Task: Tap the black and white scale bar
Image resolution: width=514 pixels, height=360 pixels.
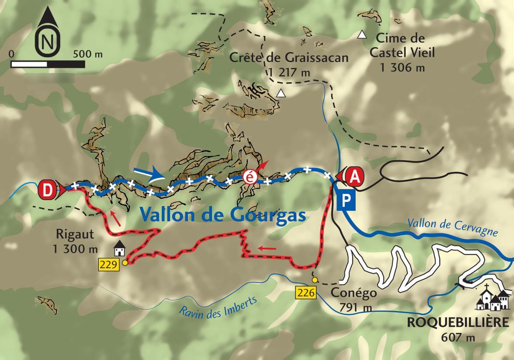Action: click(x=48, y=64)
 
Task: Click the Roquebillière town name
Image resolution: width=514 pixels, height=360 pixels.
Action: click(x=458, y=322)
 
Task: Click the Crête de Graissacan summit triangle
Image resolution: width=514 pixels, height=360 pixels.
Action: click(x=281, y=93)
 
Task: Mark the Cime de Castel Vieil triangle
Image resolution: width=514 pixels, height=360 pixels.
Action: click(x=361, y=34)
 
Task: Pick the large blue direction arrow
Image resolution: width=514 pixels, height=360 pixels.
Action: click(x=149, y=174)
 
